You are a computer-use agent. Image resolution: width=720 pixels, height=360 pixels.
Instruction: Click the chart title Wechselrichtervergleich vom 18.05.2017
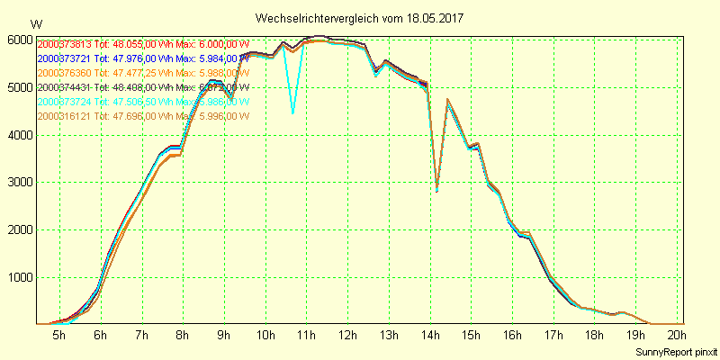(360, 18)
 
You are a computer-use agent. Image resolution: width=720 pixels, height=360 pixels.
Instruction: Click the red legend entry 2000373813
(64, 44)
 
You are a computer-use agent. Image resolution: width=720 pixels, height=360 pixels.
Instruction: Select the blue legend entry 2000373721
(64, 58)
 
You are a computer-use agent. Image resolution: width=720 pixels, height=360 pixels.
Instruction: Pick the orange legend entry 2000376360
(64, 73)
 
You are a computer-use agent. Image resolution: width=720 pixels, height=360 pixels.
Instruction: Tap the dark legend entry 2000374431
(64, 87)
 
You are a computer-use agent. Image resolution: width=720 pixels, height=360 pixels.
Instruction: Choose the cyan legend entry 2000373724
(64, 102)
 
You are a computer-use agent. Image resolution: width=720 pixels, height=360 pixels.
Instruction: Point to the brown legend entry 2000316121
(64, 116)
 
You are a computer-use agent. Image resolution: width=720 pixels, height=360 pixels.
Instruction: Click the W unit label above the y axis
(35, 23)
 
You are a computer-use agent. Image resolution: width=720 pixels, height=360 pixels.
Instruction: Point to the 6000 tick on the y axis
(20, 40)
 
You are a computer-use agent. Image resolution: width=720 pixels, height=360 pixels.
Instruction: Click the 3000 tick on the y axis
(20, 183)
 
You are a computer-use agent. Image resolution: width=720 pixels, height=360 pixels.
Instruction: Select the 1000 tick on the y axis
(20, 277)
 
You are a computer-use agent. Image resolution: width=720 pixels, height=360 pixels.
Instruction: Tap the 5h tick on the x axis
(58, 336)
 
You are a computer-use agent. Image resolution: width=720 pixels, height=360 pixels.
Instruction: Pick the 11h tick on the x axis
(306, 336)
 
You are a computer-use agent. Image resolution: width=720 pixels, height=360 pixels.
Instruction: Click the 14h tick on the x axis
(430, 336)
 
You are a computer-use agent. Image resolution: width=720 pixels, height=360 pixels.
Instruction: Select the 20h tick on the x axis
(678, 336)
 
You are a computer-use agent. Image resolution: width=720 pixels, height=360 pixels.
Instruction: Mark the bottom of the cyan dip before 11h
(292, 113)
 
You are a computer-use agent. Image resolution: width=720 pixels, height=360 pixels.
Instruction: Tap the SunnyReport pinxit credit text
(673, 350)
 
